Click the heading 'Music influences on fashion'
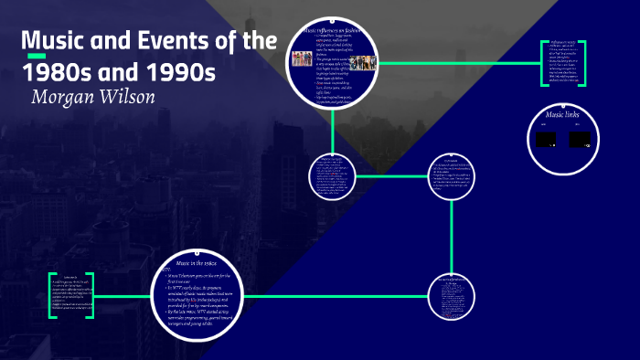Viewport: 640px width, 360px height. (335, 31)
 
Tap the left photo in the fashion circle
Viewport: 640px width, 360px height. (301, 59)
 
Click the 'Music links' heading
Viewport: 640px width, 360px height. (564, 116)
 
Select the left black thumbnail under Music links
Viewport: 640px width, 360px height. (545, 141)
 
